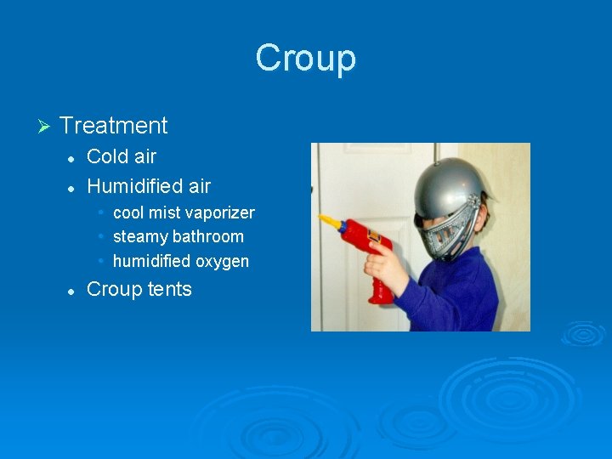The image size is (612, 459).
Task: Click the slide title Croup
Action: tap(305, 59)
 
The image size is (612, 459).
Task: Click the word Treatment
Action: tap(114, 126)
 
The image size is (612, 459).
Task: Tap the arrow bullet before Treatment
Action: tap(45, 127)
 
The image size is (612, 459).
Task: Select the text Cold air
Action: tap(122, 156)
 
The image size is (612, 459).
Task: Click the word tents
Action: tap(170, 289)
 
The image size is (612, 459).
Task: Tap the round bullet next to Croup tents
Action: tap(72, 290)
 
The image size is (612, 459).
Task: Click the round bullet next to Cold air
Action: tap(72, 157)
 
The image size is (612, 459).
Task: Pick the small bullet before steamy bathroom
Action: tap(101, 236)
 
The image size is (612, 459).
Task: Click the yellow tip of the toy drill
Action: tap(328, 223)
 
